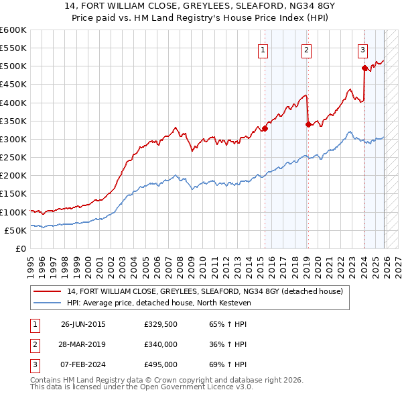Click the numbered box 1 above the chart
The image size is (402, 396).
point(263,49)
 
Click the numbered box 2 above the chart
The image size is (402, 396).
point(306,49)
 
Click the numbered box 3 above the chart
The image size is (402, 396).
point(362,49)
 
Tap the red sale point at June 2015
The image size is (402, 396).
point(265,128)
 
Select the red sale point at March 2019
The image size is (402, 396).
point(308,124)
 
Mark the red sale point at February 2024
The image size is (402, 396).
point(364,68)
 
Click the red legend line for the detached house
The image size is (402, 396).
point(48,291)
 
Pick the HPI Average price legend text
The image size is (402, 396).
point(158,303)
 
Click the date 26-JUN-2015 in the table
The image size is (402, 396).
point(83,324)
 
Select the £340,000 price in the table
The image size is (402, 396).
point(160,344)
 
